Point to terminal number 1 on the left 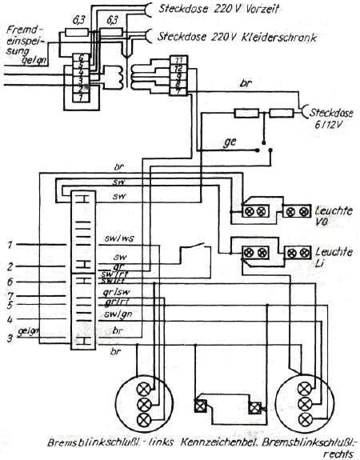click(8, 243)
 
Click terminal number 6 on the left click(8, 282)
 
